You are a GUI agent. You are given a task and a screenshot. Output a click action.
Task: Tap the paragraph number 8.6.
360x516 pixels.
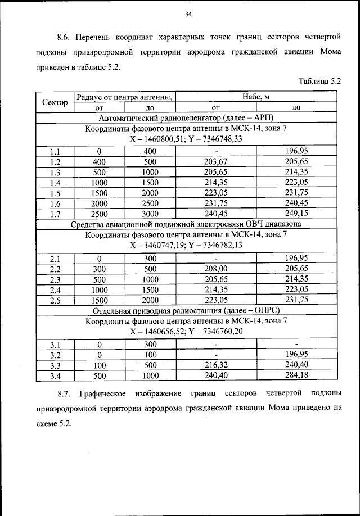tap(64, 38)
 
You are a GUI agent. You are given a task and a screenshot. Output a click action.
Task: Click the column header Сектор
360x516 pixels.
tap(55, 102)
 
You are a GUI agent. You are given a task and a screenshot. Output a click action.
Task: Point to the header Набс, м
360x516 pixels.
tap(256, 97)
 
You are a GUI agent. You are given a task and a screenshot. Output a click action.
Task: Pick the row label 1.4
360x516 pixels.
tap(55, 183)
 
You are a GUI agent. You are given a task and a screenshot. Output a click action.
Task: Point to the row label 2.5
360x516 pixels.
tap(55, 300)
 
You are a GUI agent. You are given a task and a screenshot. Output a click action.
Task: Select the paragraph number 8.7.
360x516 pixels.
tap(64, 392)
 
